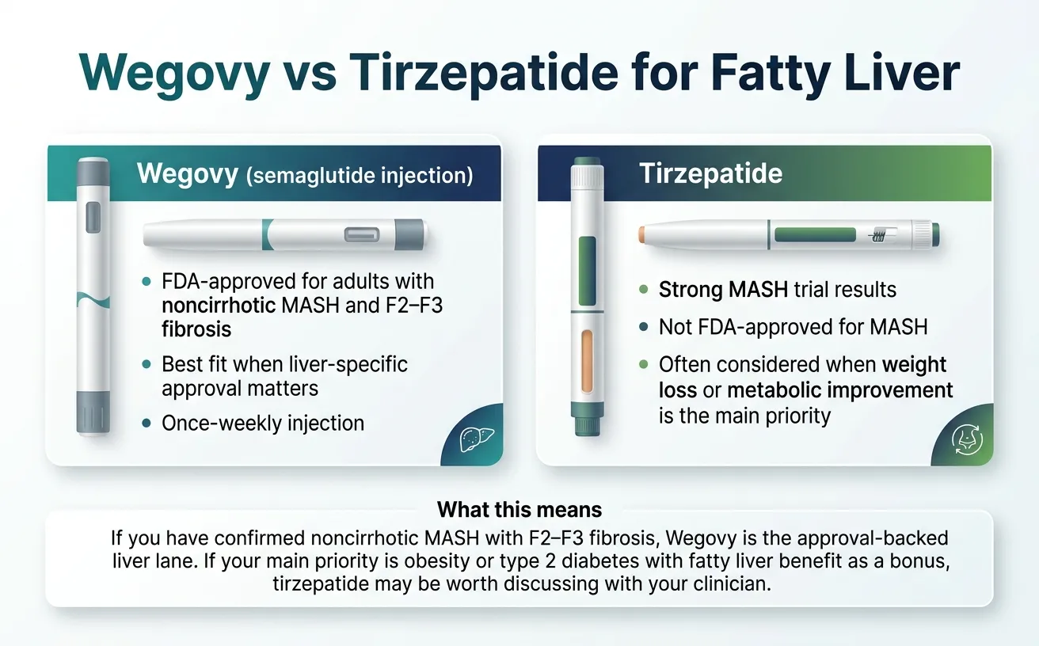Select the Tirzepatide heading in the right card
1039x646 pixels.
click(710, 174)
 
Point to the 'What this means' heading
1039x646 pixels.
click(519, 509)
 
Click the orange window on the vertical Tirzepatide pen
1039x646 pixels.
click(587, 362)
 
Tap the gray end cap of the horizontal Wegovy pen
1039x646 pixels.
click(413, 234)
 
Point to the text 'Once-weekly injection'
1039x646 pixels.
click(263, 423)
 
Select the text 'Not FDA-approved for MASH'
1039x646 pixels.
click(793, 327)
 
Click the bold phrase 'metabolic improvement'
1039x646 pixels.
click(840, 391)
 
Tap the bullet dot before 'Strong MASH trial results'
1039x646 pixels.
click(643, 290)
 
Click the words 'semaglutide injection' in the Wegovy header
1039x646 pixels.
click(360, 175)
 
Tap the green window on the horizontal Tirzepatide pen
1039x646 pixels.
click(814, 234)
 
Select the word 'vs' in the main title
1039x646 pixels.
click(310, 75)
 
